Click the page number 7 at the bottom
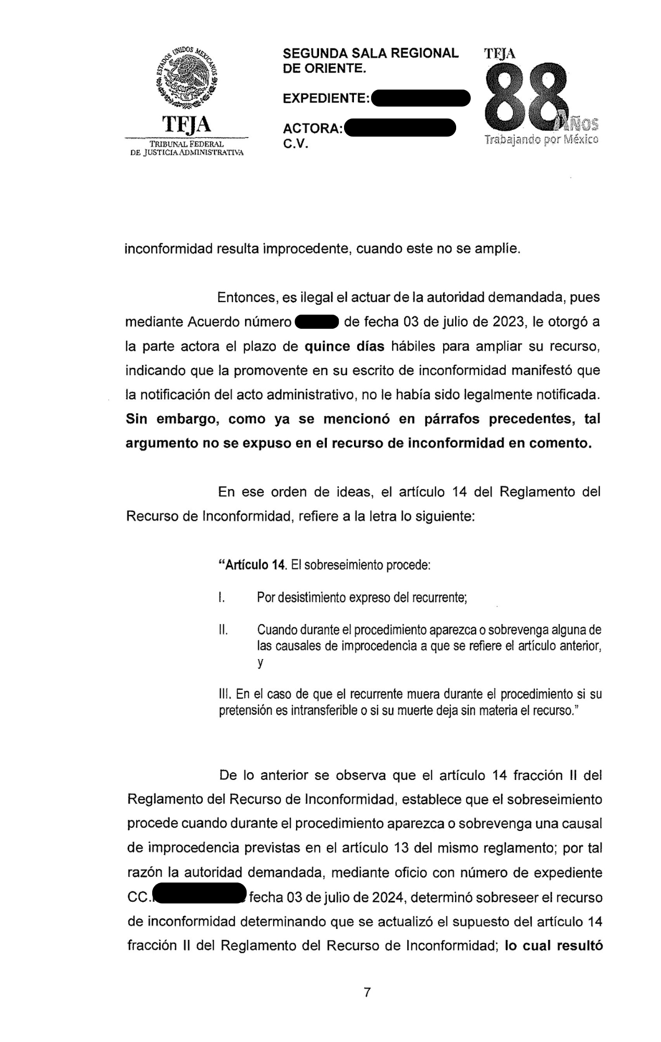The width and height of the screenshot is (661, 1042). [x=367, y=993]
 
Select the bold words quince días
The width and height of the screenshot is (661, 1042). [x=344, y=346]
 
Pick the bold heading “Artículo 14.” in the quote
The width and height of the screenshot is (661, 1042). [x=253, y=565]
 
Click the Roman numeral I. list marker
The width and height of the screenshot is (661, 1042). [x=222, y=597]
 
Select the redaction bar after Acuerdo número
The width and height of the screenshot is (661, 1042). [x=317, y=322]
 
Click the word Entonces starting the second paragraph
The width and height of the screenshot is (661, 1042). [x=247, y=297]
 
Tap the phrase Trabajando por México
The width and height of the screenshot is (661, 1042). [x=541, y=140]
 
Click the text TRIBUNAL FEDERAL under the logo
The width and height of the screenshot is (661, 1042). [x=186, y=144]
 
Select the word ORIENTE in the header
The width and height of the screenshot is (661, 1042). [x=334, y=68]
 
